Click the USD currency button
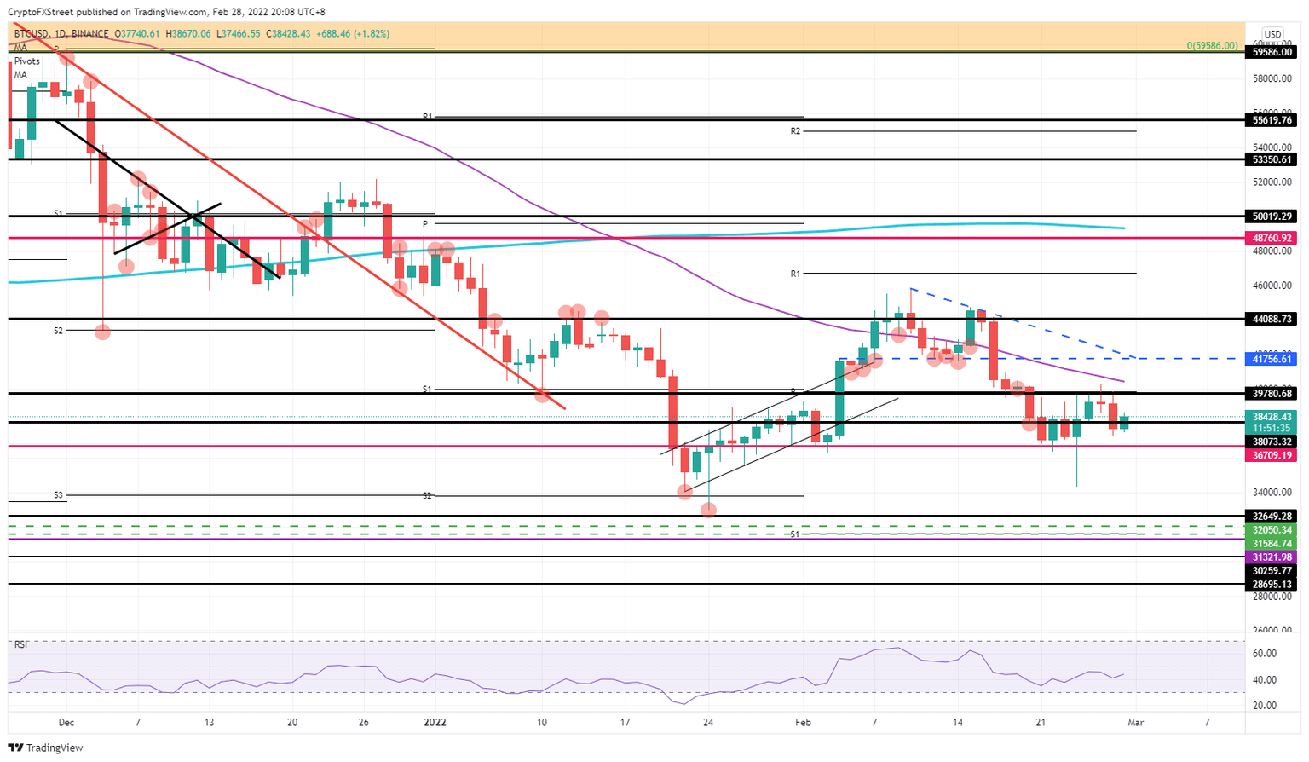pos(1272,35)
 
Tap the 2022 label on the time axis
pos(435,722)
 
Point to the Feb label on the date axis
pos(804,722)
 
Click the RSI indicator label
pos(21,644)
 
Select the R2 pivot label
pos(795,131)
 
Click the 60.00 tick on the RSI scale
pos(1264,654)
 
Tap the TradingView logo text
pos(55,748)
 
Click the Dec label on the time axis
pos(66,722)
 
